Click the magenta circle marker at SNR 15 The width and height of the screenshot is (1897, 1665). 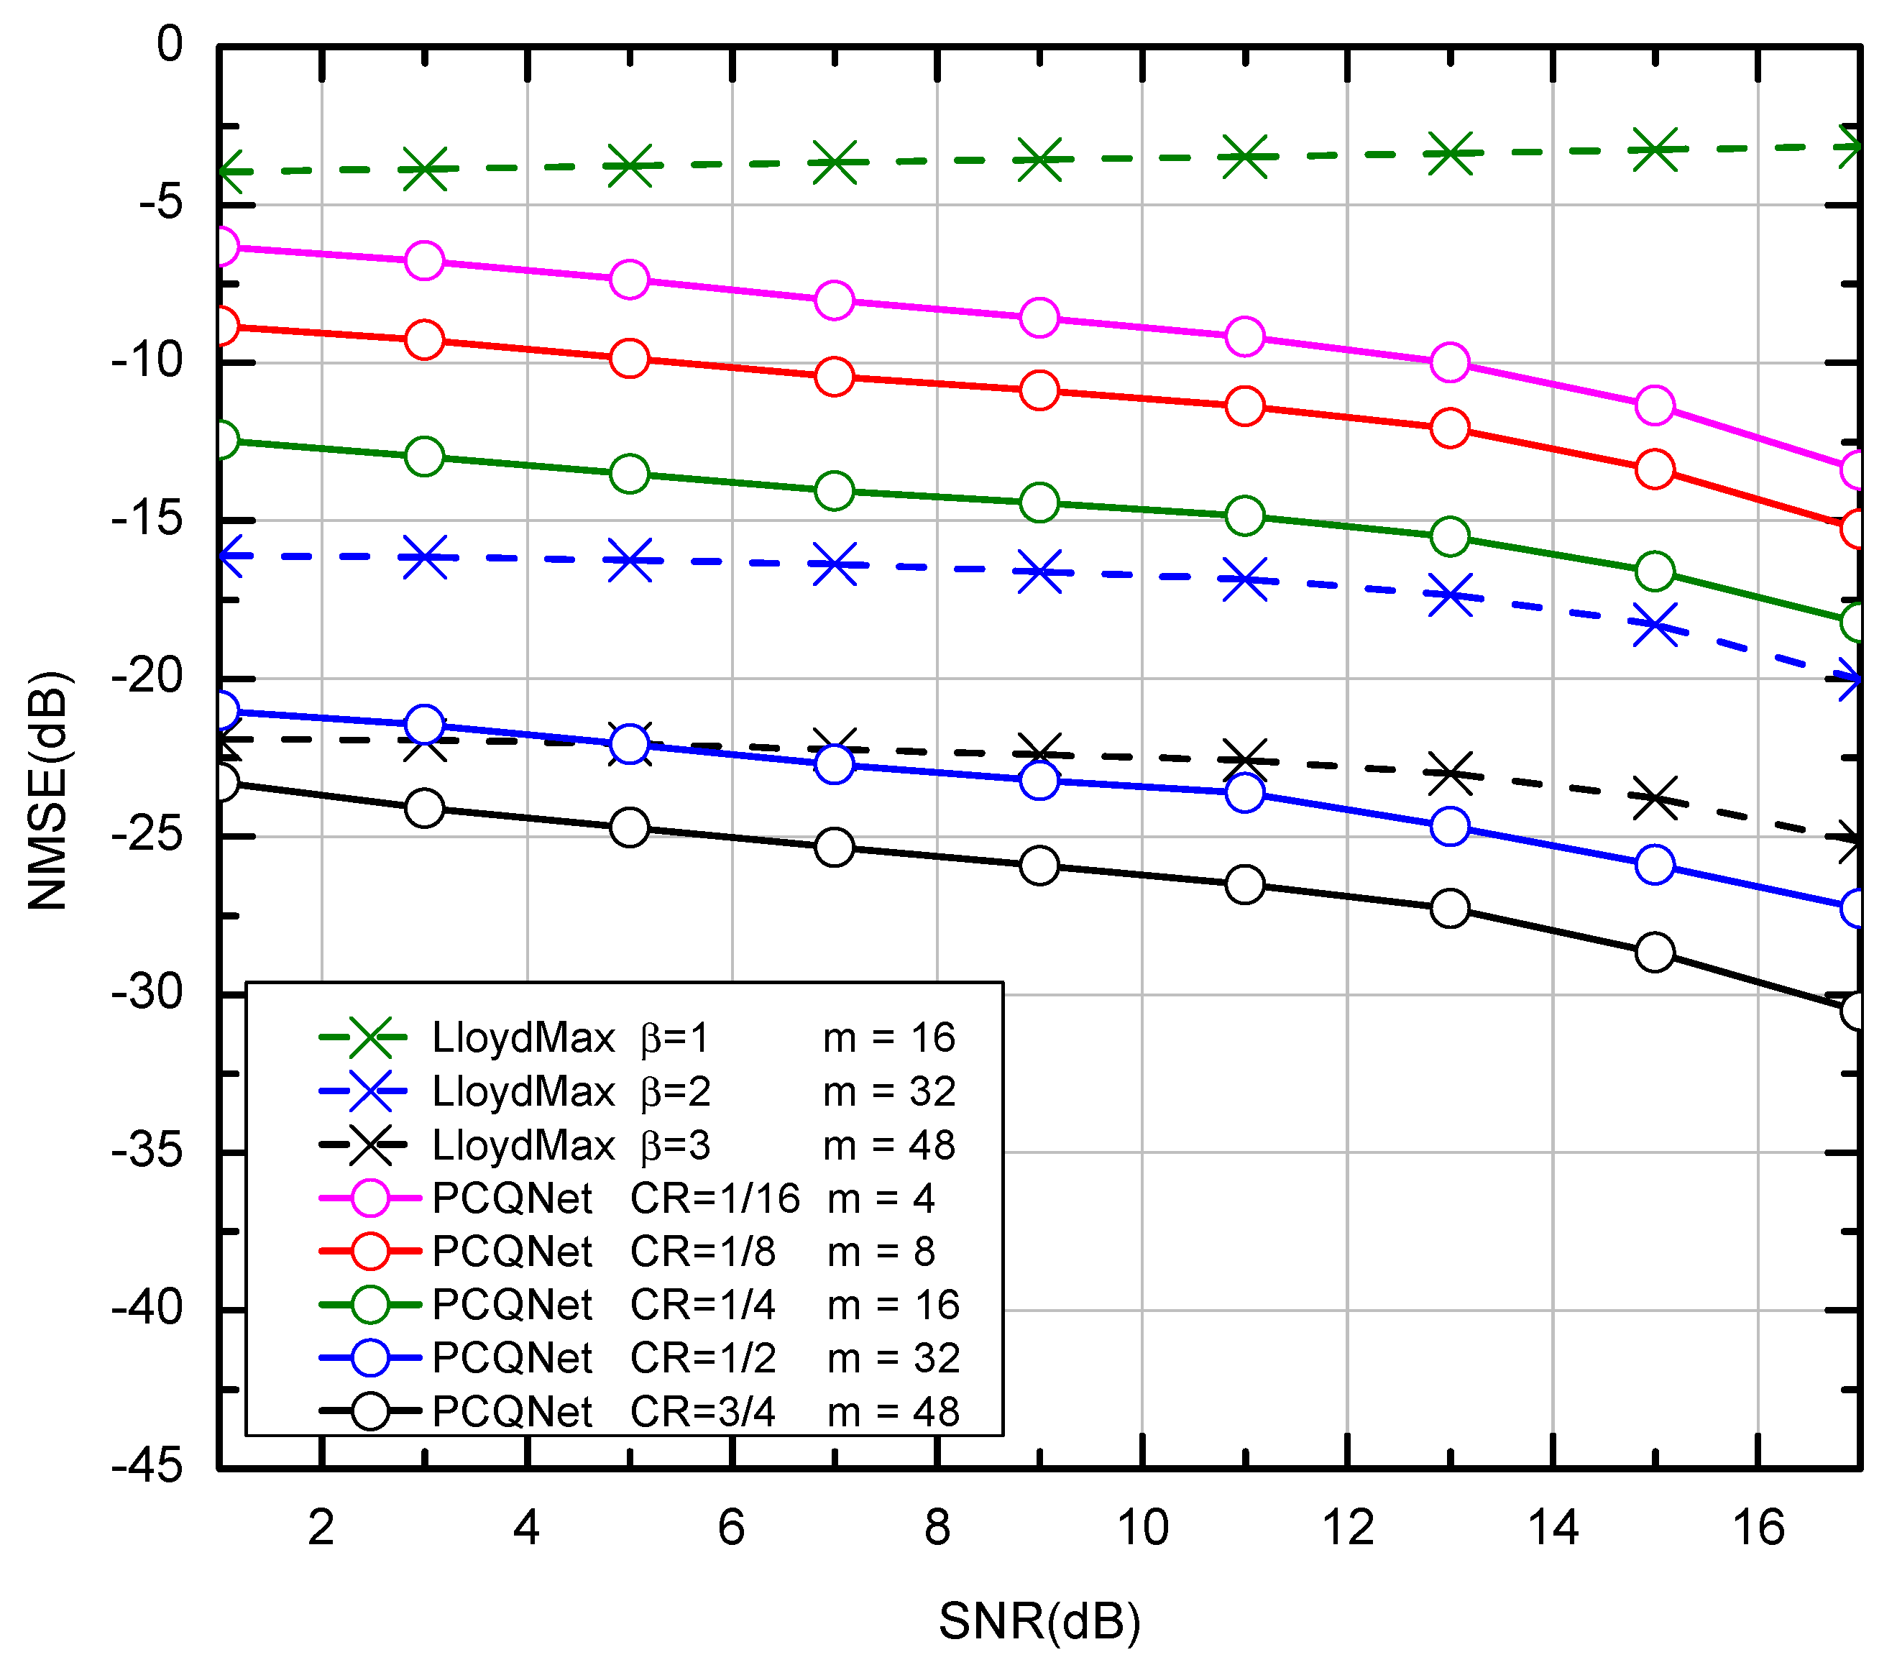click(1655, 405)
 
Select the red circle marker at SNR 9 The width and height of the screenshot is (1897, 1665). click(1039, 390)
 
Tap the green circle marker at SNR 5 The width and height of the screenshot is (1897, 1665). click(629, 474)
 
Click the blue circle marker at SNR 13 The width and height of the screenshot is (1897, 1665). click(1450, 826)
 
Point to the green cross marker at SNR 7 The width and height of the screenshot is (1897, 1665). click(835, 163)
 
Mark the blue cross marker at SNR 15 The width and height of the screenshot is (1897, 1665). click(1655, 625)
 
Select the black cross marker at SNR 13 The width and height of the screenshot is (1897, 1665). click(1450, 773)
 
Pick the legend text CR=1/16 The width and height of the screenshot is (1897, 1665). click(715, 1198)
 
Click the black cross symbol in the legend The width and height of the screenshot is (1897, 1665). click(370, 1145)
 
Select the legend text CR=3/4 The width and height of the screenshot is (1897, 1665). click(702, 1412)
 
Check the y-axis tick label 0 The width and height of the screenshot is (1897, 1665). click(169, 45)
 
